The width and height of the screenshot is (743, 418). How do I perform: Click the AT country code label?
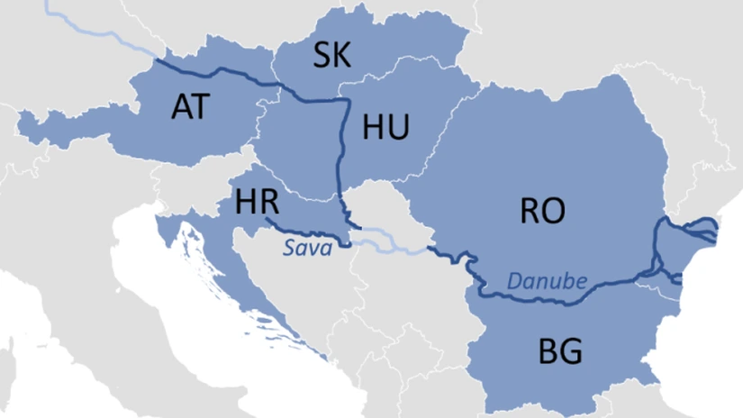[189, 107]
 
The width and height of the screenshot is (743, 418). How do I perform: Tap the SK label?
[332, 57]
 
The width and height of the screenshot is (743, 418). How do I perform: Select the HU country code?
[385, 128]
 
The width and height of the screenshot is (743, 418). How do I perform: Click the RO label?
[543, 211]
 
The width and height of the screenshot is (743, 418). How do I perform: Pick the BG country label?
[560, 350]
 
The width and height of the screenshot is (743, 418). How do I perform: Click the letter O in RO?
[555, 211]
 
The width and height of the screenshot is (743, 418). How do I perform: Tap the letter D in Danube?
[514, 281]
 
